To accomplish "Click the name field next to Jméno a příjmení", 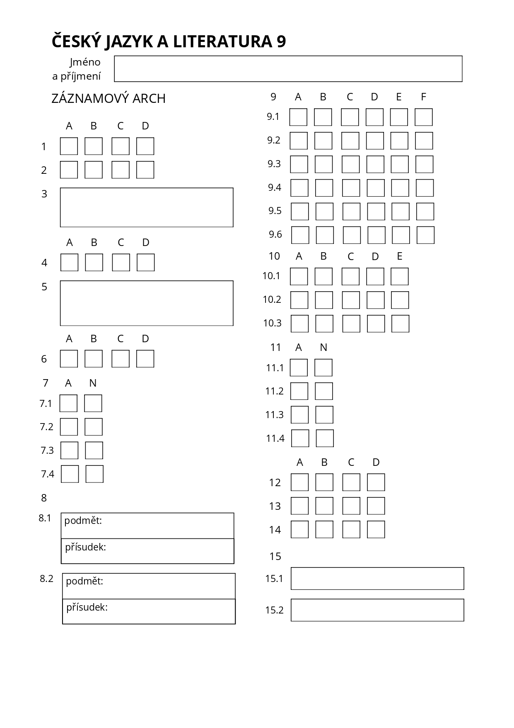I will tap(288, 69).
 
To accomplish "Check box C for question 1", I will tap(121, 146).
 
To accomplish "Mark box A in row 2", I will tap(69, 170).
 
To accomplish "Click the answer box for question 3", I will tap(147, 207).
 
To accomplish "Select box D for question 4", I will tap(146, 263).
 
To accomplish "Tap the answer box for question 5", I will tap(147, 303).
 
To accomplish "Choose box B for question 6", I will tap(94, 359).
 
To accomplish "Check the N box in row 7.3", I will tap(94, 450).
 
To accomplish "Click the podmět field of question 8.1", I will tap(147, 526).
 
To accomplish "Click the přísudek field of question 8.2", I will tap(149, 611).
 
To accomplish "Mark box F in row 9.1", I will tap(424, 117).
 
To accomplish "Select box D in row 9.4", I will tap(376, 188).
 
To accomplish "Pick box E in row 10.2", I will tap(400, 300).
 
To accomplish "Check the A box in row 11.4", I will tap(300, 438).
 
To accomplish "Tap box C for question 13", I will tap(351, 506).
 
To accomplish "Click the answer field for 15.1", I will tap(377, 579).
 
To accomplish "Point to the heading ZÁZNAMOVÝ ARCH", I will tap(109, 99).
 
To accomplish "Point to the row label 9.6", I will tap(275, 235).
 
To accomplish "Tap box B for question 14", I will tap(324, 530).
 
